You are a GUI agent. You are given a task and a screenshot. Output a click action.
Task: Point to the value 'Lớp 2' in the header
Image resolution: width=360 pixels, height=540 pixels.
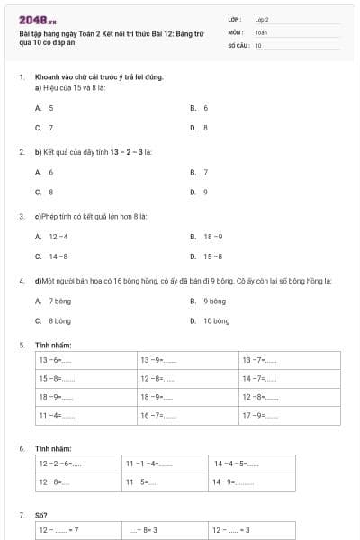[262, 19]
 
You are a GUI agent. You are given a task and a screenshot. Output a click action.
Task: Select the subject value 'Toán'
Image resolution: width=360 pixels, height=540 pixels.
[261, 31]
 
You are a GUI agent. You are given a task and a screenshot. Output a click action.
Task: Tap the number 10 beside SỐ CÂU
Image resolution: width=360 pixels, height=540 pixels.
[258, 44]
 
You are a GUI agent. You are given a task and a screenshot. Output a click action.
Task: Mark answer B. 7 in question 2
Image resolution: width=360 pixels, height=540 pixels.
[200, 172]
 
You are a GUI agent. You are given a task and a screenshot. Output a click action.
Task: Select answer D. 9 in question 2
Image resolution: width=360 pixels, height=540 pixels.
[200, 192]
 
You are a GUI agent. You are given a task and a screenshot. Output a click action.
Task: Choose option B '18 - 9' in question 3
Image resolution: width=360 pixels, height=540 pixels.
[208, 237]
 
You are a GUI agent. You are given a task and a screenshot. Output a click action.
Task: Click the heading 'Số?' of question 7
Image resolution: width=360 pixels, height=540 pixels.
[43, 515]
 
